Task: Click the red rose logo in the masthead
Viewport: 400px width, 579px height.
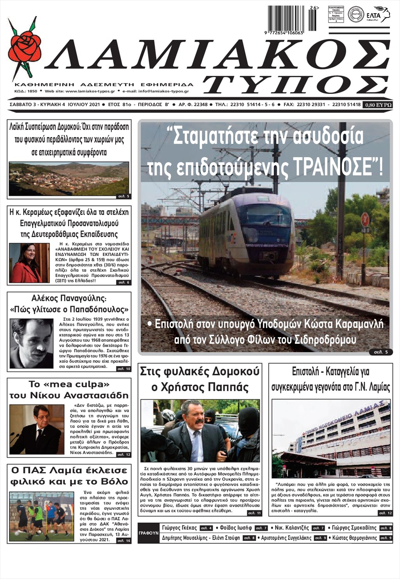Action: pos(24,46)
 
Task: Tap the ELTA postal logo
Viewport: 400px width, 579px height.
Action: pos(379,15)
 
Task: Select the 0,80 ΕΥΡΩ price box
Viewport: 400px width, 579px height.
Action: pos(378,105)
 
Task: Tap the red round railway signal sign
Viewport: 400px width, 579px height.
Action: pos(365,220)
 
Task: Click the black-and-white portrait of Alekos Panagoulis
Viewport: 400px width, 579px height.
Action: pos(31,343)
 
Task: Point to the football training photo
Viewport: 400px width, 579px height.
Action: pos(41,516)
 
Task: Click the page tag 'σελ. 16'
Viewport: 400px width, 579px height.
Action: pos(123,541)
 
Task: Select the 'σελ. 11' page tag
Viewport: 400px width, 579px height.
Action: pos(254,513)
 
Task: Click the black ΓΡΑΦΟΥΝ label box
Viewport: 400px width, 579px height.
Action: pos(148,533)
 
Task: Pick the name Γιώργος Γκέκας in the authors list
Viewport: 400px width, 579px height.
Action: pos(179,528)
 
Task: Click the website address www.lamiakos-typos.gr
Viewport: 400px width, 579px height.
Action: pos(90,91)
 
